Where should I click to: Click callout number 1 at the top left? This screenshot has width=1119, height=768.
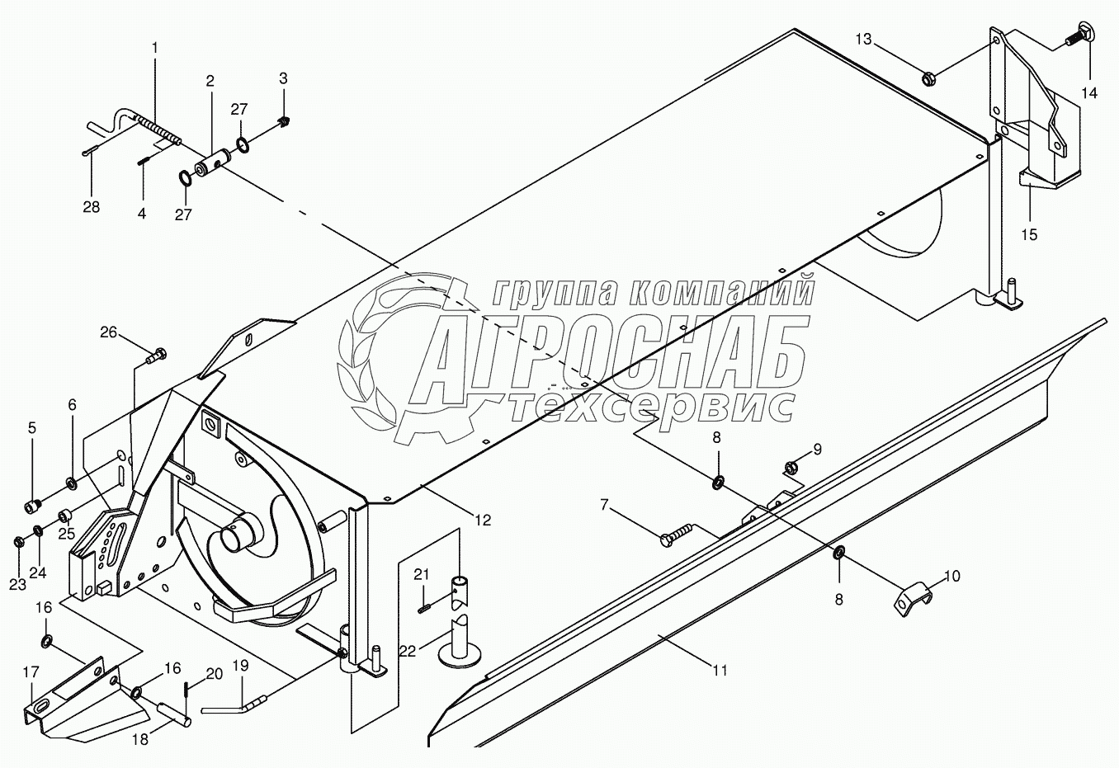pos(154,49)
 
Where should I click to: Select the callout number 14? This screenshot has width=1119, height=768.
pos(1089,92)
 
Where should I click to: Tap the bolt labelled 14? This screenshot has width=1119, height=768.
pos(1078,35)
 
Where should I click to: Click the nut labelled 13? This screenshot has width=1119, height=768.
pos(928,79)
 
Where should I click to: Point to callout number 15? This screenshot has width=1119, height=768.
pos(1028,235)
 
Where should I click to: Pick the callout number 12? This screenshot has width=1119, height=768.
pos(482,520)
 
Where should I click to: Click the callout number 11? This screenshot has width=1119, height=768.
pos(720,671)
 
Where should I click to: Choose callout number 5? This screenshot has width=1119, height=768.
pos(32,427)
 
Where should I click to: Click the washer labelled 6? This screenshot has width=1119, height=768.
pos(71,481)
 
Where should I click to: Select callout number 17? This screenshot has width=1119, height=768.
pos(31,672)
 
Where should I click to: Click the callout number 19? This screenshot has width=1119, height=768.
pos(239,665)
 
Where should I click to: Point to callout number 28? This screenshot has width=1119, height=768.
pos(91,207)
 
